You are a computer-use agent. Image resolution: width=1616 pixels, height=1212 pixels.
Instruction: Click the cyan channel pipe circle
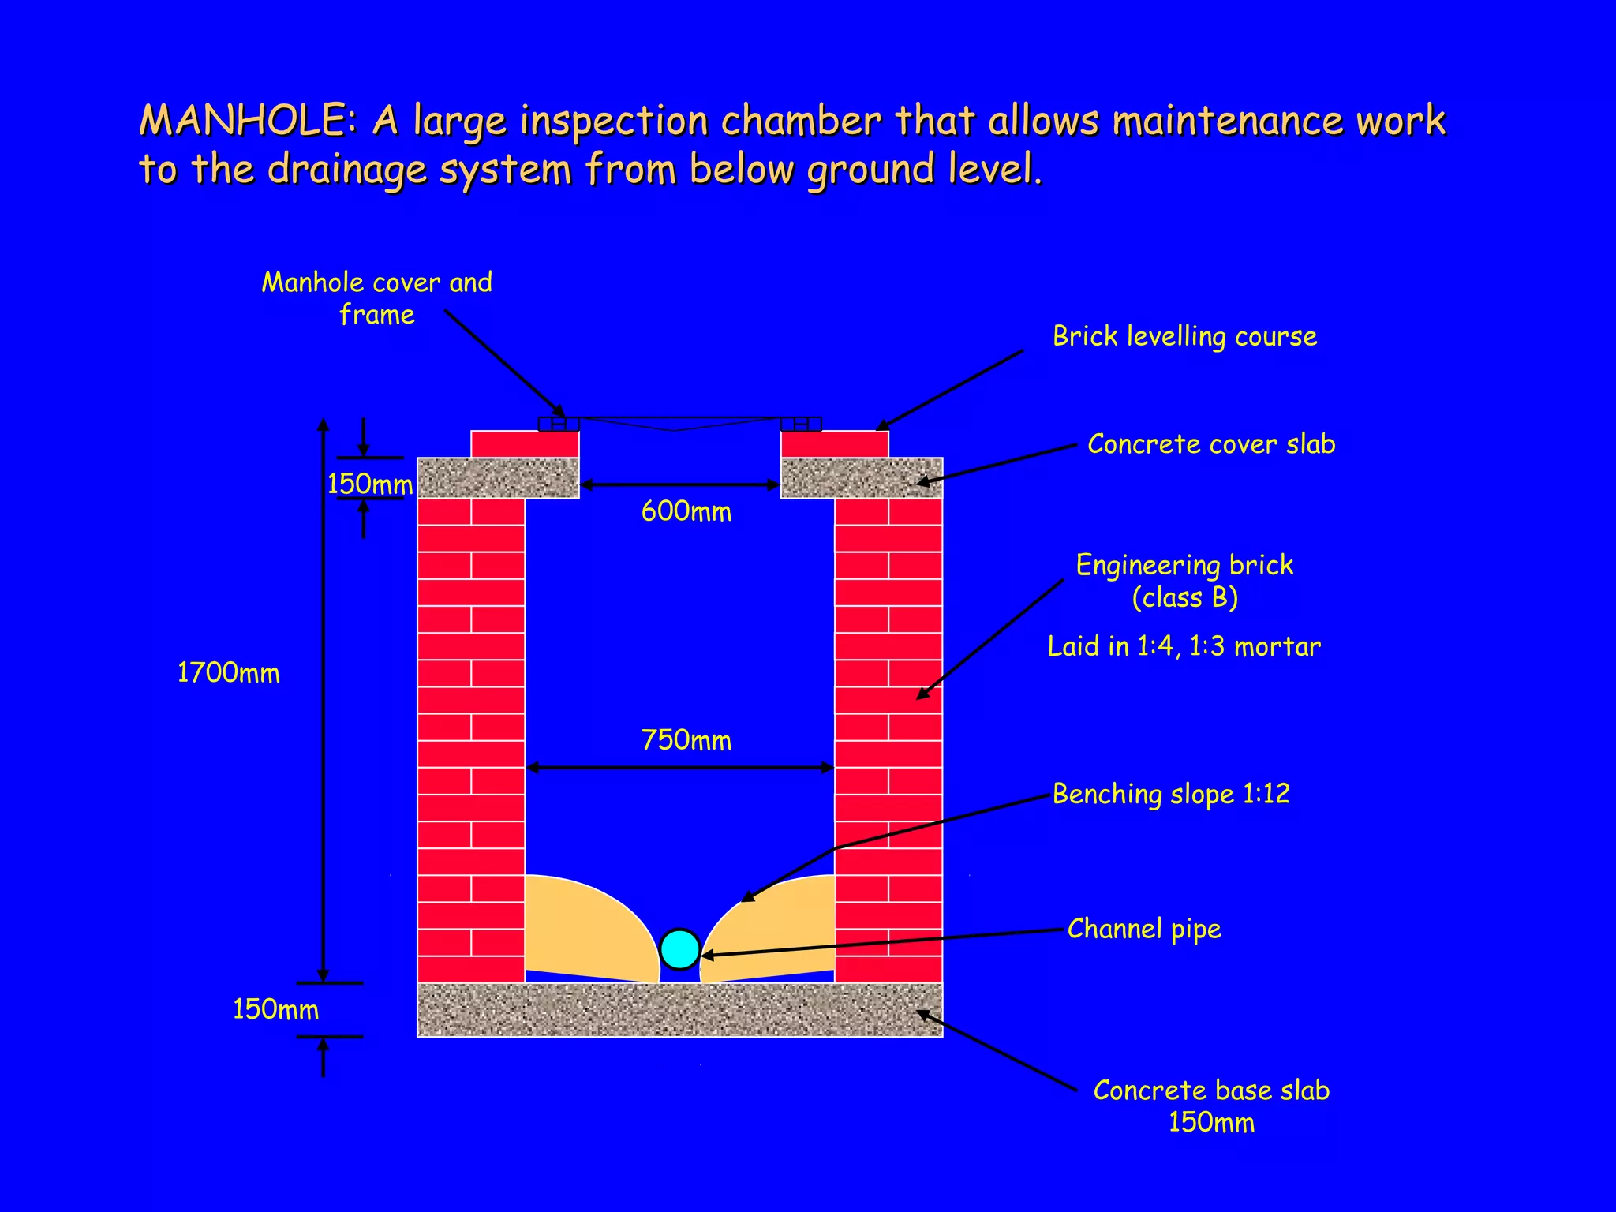point(679,948)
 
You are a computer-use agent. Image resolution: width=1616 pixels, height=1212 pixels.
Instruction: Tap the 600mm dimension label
point(686,512)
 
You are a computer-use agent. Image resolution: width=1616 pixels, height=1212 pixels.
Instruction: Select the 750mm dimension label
point(686,740)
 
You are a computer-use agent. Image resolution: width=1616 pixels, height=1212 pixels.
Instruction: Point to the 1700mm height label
point(228,673)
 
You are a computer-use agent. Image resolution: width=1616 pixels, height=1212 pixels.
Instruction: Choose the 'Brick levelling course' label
point(1184,337)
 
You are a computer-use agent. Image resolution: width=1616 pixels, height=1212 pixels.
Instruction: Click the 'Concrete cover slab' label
point(1211,444)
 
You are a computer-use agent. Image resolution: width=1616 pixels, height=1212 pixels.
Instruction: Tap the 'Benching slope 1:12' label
point(1171,794)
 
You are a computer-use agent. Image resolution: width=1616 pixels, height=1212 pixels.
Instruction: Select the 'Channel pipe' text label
point(1144,929)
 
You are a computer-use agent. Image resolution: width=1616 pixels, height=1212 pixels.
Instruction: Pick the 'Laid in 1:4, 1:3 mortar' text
point(1184,647)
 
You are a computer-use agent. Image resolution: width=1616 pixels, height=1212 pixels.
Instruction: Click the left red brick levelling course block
point(525,444)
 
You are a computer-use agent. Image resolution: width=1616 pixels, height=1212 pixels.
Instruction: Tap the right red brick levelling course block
point(835,444)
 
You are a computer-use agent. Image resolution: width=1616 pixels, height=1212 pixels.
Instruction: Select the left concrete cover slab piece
point(498,478)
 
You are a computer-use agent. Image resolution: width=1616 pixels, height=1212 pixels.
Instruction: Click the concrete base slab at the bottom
point(679,1010)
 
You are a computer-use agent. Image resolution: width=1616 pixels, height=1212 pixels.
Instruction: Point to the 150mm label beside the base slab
point(275,1010)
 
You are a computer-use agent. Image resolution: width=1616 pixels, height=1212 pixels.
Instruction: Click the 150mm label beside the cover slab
point(369,484)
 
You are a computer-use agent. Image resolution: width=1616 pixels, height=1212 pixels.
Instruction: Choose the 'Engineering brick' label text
point(1184,566)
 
